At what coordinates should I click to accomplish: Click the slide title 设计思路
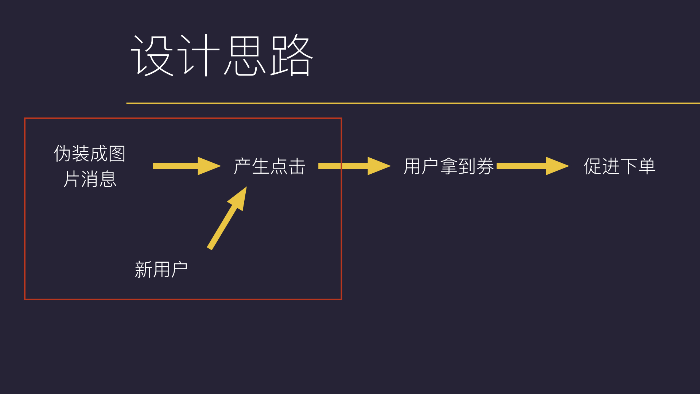pos(222,55)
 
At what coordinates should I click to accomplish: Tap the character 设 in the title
pos(152,55)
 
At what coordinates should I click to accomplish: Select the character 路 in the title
pos(292,55)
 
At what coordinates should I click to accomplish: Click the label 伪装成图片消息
pos(90,166)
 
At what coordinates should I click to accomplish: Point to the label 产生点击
pos(269,166)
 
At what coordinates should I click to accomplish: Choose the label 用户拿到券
pos(448,166)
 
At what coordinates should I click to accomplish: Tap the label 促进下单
pos(620,166)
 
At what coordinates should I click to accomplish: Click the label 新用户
pos(161,270)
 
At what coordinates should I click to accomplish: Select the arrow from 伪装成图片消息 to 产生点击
pos(187,166)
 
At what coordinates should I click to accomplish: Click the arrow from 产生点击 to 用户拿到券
pos(354,166)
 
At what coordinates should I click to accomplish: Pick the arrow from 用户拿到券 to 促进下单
pos(533,166)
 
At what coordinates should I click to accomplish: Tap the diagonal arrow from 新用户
pos(227,218)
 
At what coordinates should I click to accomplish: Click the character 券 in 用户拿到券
pos(485,166)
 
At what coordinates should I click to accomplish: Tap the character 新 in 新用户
pos(143,270)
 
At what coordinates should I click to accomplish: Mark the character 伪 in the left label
pos(62,154)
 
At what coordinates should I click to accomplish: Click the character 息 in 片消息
pos(108,179)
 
